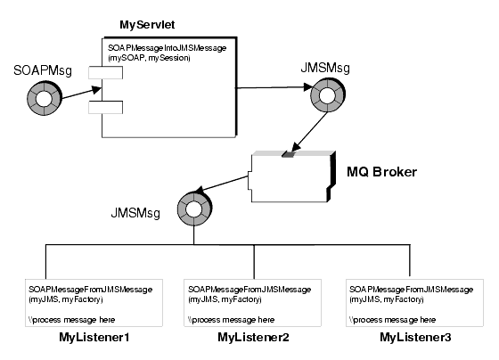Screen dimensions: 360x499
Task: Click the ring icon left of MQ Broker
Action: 194,209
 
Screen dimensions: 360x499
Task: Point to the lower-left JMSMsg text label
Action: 133,214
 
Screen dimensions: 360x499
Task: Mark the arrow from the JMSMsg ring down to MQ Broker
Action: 302,134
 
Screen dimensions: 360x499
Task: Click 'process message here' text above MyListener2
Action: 230,318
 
